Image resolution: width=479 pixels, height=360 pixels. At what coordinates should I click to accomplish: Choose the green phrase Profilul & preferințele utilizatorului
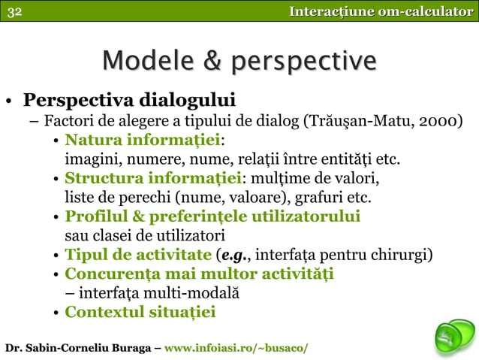pyautogui.click(x=212, y=217)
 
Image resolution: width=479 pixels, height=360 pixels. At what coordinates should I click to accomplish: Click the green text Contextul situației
pyautogui.click(x=140, y=312)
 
